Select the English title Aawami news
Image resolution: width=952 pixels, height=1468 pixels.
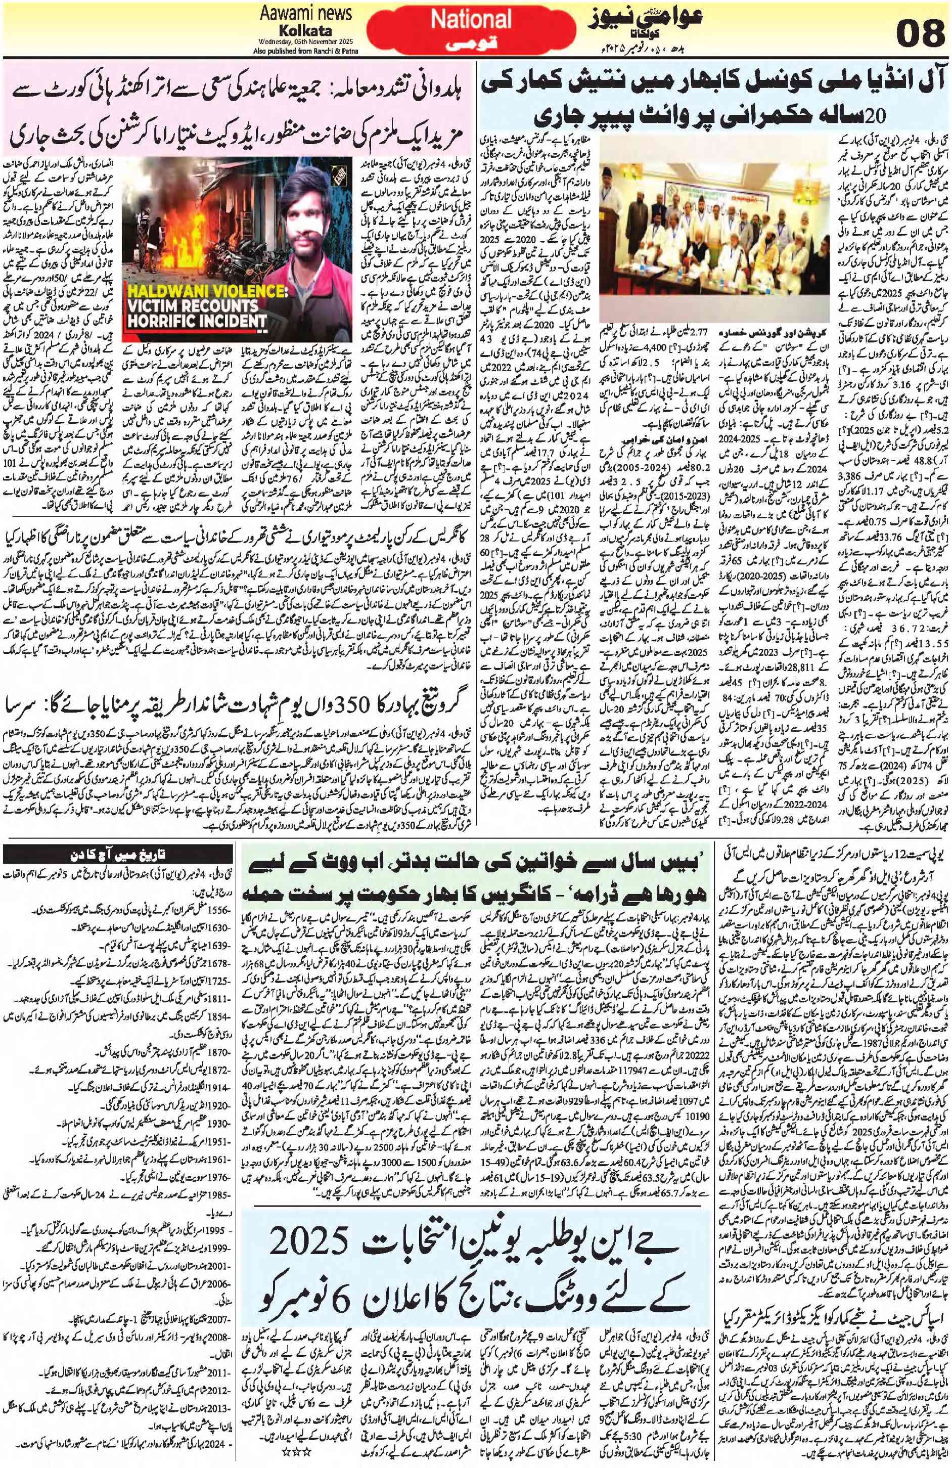pos(306,12)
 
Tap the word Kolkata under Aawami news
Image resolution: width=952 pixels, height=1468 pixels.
pos(306,30)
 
